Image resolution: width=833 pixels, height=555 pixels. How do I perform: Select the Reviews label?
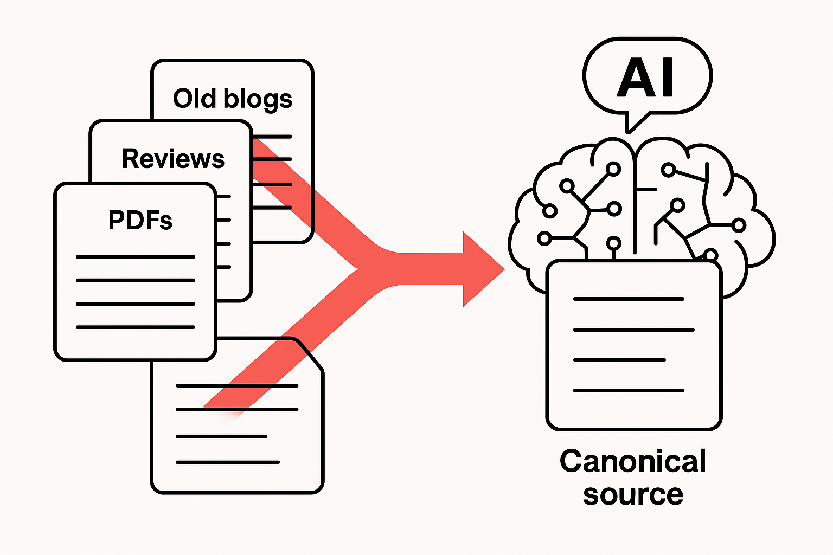[173, 159]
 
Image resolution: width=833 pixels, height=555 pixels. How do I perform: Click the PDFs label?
[140, 220]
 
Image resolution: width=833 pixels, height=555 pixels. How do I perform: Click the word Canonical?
[632, 461]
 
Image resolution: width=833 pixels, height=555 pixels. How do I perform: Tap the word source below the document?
[632, 494]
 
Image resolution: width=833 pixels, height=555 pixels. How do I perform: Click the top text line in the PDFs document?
[136, 257]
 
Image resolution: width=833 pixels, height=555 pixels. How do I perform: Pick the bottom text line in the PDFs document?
[136, 327]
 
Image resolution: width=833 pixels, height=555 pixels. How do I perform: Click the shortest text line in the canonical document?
[619, 360]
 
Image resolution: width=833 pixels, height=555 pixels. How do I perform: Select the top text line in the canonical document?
[629, 299]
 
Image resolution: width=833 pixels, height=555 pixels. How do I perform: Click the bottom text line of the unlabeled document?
[228, 462]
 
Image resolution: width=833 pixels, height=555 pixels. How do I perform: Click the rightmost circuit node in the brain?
[739, 225]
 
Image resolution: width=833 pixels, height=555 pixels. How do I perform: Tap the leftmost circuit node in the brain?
[544, 237]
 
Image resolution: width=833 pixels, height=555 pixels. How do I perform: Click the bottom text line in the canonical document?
[629, 390]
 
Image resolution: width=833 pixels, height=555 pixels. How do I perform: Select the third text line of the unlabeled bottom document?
[221, 436]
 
